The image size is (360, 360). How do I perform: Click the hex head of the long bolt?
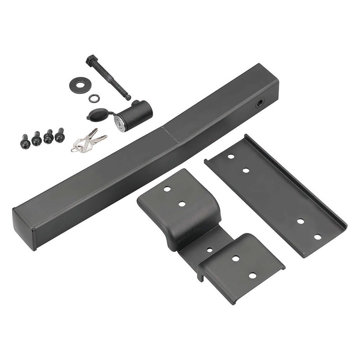pos(91,60)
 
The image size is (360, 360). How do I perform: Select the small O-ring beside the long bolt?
pos(94,98)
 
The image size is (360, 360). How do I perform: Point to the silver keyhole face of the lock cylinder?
pos(120,123)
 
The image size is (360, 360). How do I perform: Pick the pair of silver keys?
pos(92,139)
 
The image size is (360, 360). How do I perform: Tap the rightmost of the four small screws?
pos(60,135)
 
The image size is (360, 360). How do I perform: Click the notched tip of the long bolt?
pos(128,97)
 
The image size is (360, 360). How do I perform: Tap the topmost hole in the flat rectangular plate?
pos(231,157)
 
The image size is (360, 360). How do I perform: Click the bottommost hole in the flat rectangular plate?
pos(318,237)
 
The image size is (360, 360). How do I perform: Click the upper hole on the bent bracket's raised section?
pos(167,189)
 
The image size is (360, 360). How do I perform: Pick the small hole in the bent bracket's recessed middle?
pos(210,250)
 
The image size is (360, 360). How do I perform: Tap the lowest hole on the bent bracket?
pos(252,275)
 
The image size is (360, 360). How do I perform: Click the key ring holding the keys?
pos(78,147)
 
